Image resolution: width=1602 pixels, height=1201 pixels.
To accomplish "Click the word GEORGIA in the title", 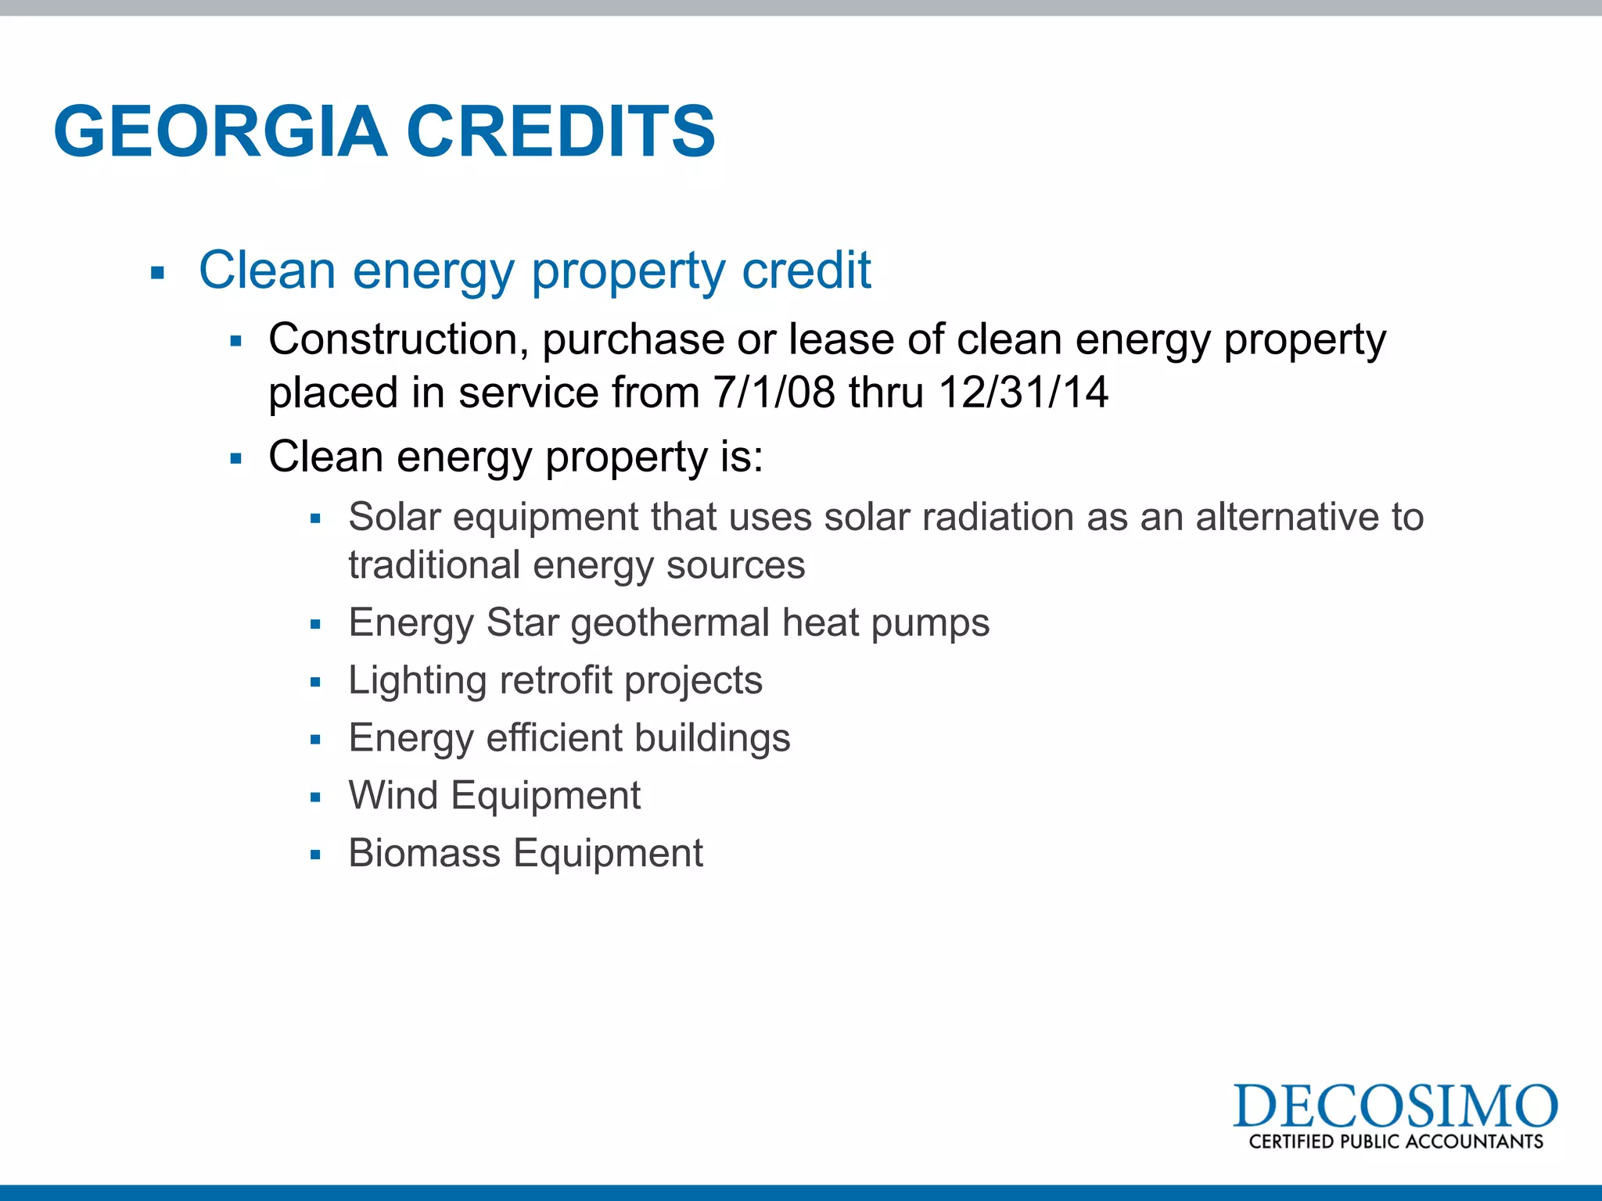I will coord(221,131).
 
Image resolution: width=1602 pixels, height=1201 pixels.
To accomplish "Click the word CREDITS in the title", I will coord(560,131).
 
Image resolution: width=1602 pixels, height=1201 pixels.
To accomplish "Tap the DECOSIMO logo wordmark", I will coord(1395,1106).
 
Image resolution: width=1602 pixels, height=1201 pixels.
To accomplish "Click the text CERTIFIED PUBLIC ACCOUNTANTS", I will coord(1395,1142).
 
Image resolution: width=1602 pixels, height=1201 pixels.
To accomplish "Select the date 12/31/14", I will coord(1022,392).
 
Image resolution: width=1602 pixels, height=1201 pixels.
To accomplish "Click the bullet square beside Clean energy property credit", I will coord(158,274).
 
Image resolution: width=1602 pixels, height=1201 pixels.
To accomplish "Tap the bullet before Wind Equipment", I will coord(315,798).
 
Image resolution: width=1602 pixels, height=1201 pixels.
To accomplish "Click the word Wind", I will coord(393,795).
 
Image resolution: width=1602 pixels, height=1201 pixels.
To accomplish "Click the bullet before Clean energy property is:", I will coord(236,459).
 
